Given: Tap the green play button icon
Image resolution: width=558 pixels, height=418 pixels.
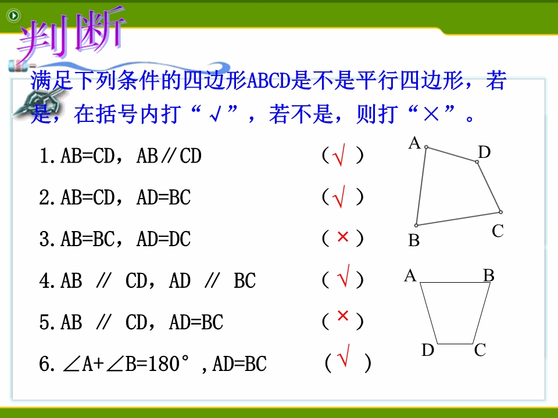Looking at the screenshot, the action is click(14, 15).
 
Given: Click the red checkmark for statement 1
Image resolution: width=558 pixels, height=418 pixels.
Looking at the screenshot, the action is click(339, 156).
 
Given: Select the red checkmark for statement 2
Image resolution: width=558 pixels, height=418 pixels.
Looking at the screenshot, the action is click(339, 197).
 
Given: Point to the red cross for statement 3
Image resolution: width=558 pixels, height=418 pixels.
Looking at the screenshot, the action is click(343, 236).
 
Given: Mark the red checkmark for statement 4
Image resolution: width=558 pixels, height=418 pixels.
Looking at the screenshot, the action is click(343, 276).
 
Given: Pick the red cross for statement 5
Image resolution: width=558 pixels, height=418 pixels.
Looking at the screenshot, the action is click(343, 315).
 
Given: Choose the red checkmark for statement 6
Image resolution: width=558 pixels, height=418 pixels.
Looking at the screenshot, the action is click(343, 355).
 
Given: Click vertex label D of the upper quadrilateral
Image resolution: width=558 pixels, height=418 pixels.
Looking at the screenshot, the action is click(484, 152).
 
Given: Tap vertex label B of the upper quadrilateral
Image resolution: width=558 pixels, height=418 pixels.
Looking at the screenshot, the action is click(414, 240).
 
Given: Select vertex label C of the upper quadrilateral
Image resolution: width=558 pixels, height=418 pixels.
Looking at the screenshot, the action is click(498, 231).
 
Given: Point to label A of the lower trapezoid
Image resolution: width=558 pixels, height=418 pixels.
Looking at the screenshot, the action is click(410, 275).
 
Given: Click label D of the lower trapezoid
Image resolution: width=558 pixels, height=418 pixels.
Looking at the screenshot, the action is click(428, 350).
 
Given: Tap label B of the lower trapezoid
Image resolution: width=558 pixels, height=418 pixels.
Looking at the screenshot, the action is click(489, 275).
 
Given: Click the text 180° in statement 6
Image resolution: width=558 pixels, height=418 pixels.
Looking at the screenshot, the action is click(169, 363).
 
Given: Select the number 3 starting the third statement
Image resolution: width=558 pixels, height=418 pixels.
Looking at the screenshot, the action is click(45, 239).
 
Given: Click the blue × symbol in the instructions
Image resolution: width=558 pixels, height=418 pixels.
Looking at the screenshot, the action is click(431, 114).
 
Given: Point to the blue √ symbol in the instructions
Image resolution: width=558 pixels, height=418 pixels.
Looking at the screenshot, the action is click(215, 114).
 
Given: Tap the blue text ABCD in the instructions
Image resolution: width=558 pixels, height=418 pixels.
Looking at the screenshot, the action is click(269, 81).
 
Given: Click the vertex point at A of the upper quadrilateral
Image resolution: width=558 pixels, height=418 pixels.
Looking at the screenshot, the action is click(426, 147).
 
